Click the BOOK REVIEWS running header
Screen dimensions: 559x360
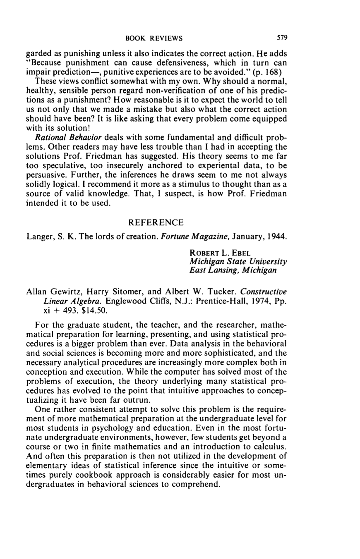pos(154,39)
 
